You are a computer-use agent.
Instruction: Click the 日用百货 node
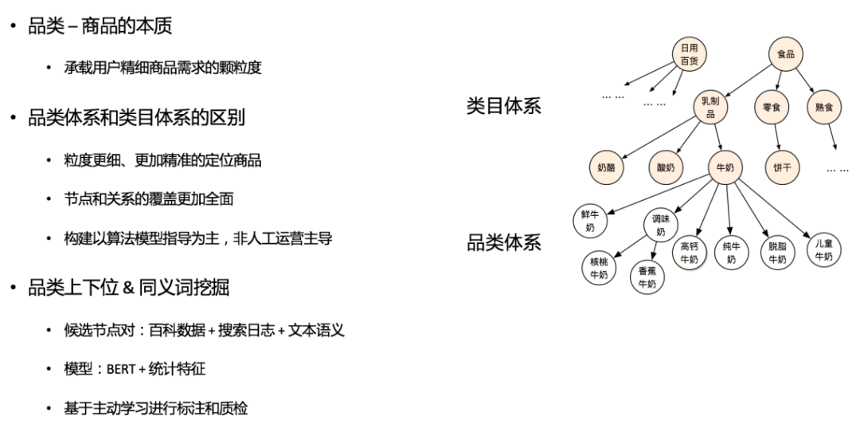(689, 54)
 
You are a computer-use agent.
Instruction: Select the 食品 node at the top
(786, 54)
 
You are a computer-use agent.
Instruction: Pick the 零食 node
(771, 108)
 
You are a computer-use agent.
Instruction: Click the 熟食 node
(823, 108)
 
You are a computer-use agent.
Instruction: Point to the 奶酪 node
(607, 167)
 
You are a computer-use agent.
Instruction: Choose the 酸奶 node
(666, 167)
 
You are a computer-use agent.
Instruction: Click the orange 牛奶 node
(725, 167)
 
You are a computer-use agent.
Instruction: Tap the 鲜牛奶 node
(590, 220)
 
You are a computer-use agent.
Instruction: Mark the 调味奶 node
(660, 226)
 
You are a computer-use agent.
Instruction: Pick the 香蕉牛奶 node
(647, 277)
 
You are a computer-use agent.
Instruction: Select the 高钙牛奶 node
(689, 253)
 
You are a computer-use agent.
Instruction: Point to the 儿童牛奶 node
(823, 249)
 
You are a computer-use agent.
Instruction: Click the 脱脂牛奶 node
(777, 253)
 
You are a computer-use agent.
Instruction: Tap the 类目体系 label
(503, 106)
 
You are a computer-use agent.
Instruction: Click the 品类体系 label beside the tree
(503, 243)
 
